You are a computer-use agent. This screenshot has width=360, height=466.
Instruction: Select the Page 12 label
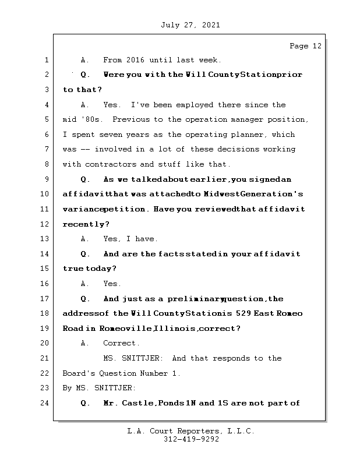(x=305, y=46)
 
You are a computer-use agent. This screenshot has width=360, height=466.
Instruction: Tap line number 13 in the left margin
(x=45, y=239)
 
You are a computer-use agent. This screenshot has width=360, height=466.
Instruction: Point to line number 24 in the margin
(x=45, y=403)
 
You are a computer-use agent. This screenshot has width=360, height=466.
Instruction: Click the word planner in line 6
(x=246, y=135)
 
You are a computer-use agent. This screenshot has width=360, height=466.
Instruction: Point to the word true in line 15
(x=73, y=269)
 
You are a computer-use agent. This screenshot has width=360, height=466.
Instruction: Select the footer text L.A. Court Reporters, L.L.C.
(x=191, y=432)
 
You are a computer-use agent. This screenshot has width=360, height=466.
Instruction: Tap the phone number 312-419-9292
(x=191, y=440)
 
